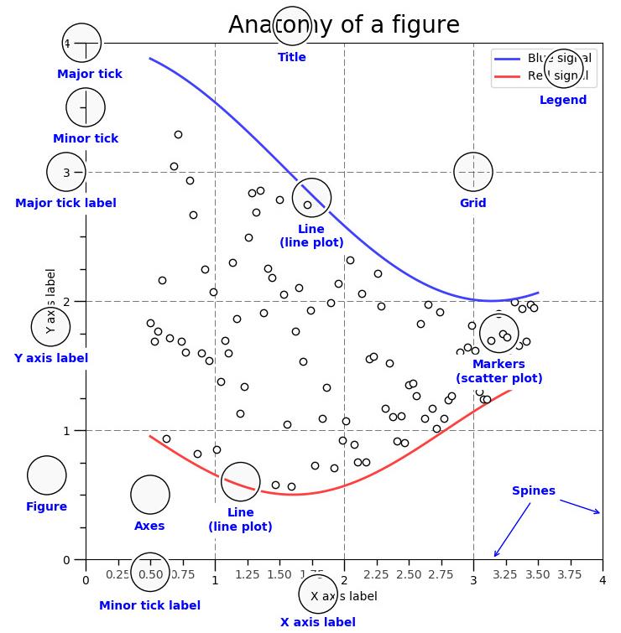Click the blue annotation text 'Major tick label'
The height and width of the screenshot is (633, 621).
[x=65, y=203]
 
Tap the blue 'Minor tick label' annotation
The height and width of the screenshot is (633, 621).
[x=149, y=605]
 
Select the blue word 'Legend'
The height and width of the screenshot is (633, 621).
[x=563, y=100]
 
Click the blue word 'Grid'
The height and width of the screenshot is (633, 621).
[x=472, y=203]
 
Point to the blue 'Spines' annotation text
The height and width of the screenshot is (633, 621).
[x=534, y=490]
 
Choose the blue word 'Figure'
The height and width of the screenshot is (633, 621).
[x=46, y=506]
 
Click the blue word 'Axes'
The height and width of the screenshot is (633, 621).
[x=149, y=526]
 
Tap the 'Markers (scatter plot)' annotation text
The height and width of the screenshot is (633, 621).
[x=498, y=371]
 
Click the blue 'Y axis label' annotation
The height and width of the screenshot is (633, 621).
[x=51, y=358]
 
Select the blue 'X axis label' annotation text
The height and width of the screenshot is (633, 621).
[x=317, y=622]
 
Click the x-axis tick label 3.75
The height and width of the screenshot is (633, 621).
[x=570, y=574]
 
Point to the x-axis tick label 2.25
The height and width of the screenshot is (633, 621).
[x=376, y=574]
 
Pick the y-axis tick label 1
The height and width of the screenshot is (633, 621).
[x=67, y=431]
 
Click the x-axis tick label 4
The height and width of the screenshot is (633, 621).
[x=602, y=580]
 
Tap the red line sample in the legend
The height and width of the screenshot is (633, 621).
[x=507, y=76]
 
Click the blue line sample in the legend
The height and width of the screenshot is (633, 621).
[x=507, y=58]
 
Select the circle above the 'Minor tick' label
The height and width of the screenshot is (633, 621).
[x=86, y=107]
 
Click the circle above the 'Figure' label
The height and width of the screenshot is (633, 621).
[x=46, y=475]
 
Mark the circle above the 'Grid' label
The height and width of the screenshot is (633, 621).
[x=472, y=172]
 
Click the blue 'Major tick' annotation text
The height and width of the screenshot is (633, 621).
[x=90, y=74]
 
